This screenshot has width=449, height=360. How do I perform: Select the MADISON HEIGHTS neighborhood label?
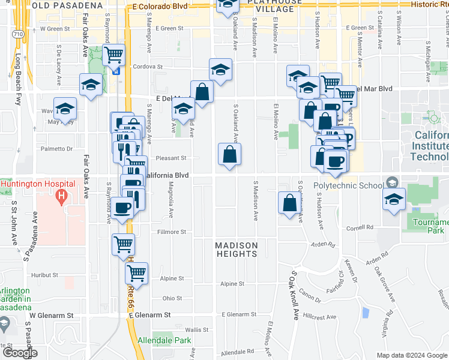(x=237, y=250)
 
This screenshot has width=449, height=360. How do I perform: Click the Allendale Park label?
(x=164, y=340)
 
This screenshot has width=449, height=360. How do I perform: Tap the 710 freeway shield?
(x=19, y=34)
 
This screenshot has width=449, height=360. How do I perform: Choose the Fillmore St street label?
(x=172, y=232)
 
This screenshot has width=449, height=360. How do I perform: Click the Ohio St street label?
(x=172, y=298)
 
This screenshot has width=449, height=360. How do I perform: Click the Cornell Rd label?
(x=360, y=228)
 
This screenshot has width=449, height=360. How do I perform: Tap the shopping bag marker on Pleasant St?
(x=229, y=155)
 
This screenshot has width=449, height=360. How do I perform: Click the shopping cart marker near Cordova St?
(x=113, y=55)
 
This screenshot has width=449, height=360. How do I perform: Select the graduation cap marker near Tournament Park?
(x=394, y=200)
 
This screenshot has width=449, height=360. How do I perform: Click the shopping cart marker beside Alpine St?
(x=137, y=273)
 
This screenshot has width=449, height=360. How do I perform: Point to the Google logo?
(x=19, y=353)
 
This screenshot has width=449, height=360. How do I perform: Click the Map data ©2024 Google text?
(x=412, y=355)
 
